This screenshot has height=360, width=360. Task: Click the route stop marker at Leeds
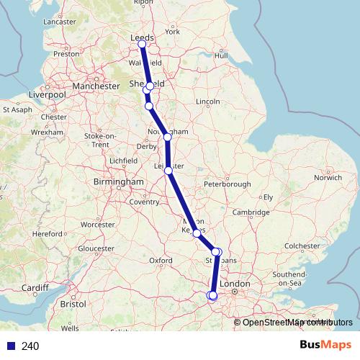coord(142,44)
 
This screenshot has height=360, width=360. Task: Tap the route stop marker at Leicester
coord(168,171)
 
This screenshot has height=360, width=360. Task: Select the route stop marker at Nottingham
coord(167,137)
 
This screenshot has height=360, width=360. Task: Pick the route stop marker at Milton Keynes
coord(197,233)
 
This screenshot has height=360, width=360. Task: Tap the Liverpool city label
coord(47,94)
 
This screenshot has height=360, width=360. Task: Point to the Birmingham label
coord(119,182)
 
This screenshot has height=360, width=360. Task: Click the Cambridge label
coord(251,212)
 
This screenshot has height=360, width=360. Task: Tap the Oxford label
coord(160,260)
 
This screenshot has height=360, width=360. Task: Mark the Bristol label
coord(73,305)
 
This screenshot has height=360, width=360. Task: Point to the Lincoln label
coord(207,102)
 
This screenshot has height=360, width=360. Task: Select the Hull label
coord(221,55)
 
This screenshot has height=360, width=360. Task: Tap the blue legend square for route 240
coord(11,346)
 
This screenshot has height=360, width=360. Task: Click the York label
coord(172,32)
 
